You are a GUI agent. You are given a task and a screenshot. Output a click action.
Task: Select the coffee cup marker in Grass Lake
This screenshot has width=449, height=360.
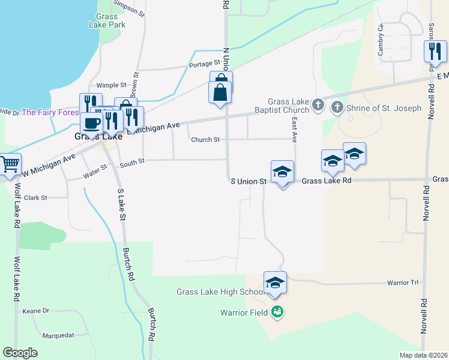pos(91,123)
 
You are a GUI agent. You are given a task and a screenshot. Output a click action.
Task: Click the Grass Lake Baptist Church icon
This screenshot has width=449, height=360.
pos(319,106)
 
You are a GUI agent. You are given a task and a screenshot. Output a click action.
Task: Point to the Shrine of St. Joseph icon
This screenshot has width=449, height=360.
pos(337,107)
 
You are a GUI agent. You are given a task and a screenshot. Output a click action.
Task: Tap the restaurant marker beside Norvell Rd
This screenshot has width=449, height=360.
pos(435,52)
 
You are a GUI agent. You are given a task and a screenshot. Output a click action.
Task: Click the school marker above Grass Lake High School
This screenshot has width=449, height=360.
pos(275,283)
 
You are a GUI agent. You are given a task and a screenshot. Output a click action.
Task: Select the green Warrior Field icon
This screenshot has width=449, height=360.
pos(277,311)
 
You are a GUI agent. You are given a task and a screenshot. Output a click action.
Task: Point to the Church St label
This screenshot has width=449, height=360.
pos(205,140)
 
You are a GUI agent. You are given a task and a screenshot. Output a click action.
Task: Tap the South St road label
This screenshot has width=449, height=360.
pos(132,162)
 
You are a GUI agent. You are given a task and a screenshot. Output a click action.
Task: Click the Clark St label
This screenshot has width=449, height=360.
pos(35,197)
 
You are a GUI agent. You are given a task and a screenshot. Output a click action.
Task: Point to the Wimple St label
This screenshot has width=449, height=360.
pos(112,86)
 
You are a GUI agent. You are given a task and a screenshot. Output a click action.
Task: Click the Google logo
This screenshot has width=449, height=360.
pos(20,353)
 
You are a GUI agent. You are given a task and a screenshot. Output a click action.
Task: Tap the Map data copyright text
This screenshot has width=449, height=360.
pos(424,355)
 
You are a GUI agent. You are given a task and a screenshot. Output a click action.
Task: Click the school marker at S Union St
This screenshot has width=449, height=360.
pos(282,172)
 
